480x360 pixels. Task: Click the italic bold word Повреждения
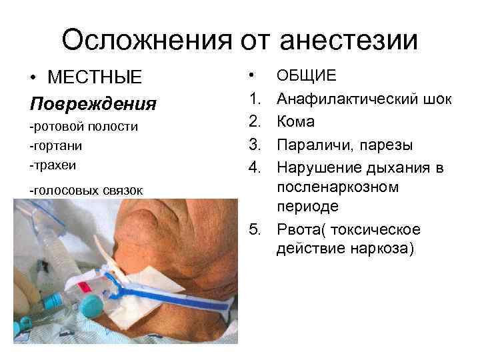tap(93, 104)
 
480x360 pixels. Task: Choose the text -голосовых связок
tap(86, 191)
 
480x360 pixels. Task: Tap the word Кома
tap(296, 122)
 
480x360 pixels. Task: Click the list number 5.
tap(253, 230)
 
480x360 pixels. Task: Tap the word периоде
tap(307, 207)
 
